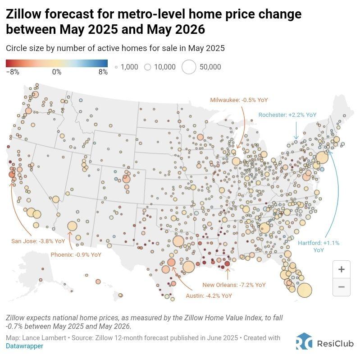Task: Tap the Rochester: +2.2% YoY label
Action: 287,115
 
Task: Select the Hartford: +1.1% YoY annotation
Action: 319,246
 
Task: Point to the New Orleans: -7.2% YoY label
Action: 234,285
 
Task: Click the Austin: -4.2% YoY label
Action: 209,296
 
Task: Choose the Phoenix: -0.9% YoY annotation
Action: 76,254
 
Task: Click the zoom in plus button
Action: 341,269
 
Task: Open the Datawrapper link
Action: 25,346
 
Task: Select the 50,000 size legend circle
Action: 189,67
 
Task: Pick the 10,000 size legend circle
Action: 147,67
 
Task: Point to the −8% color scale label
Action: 13,72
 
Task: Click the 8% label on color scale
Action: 103,72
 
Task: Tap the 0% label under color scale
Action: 57,72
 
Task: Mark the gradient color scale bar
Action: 57,64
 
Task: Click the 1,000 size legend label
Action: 129,67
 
